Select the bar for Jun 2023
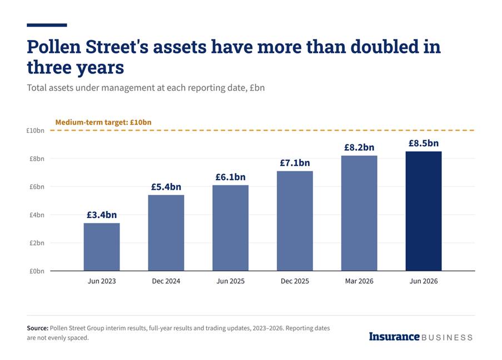[102, 247]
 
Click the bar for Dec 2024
[166, 233]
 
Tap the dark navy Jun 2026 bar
[424, 211]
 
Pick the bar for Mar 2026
[359, 213]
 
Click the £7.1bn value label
[295, 163]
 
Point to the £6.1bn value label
[231, 177]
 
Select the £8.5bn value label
[424, 143]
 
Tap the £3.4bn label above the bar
[102, 215]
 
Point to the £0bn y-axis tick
[37, 271]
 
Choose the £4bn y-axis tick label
[37, 215]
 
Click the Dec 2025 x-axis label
[295, 281]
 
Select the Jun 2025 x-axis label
[231, 281]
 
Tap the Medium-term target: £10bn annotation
[103, 122]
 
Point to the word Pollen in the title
[54, 47]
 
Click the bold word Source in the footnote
[38, 328]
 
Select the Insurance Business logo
[421, 337]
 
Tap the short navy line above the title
[47, 25]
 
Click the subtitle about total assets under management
[146, 88]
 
